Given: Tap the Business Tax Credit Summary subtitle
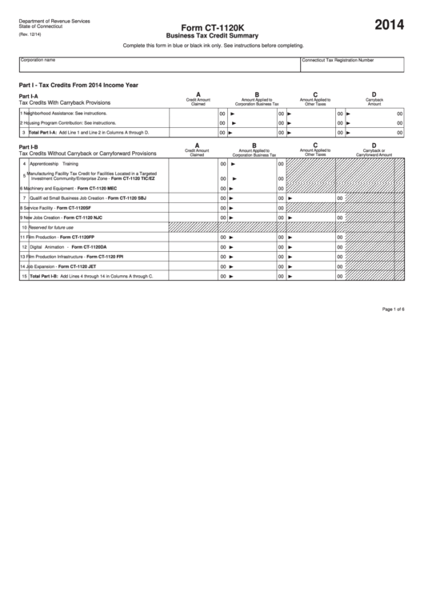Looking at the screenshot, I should point(211,36).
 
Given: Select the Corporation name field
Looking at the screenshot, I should point(158,64).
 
